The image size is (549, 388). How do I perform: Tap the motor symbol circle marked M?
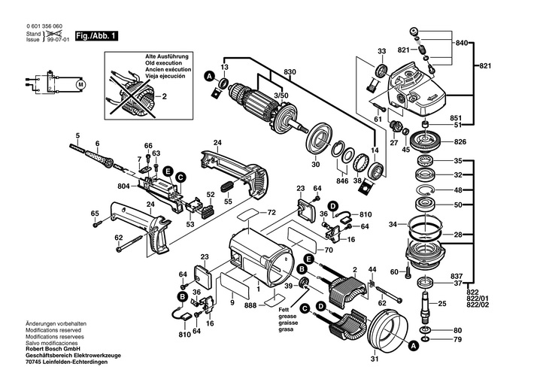(79, 85)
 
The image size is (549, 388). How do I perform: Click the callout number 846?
(342, 182)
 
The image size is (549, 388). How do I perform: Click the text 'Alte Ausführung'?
(167, 56)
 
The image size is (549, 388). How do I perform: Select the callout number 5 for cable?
(77, 135)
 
